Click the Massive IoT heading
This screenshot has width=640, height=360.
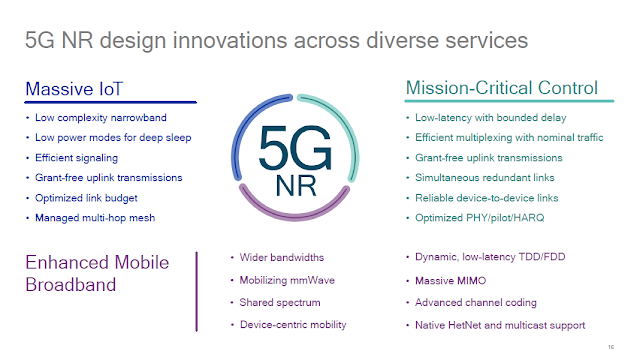click(73, 89)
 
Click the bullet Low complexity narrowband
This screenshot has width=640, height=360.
click(99, 118)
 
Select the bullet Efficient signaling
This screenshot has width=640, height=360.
click(78, 158)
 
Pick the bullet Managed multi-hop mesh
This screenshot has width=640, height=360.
click(95, 217)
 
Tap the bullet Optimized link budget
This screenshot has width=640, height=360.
click(86, 197)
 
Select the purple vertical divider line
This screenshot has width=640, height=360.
click(197, 291)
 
